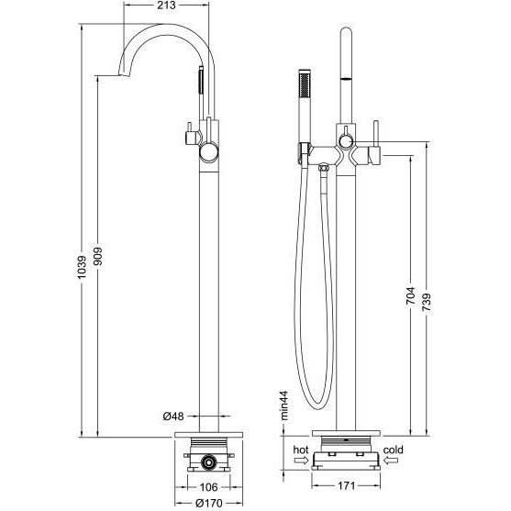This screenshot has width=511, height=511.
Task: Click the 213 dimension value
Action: (166, 6)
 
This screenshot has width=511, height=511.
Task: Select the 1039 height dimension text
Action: (83, 267)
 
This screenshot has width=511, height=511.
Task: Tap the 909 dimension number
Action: (98, 257)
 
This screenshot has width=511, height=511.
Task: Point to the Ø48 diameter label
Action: (173, 417)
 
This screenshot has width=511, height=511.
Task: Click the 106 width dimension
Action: (208, 487)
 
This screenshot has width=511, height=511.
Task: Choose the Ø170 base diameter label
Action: (209, 503)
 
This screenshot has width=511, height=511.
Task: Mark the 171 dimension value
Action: (346, 486)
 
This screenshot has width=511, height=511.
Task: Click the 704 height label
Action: (411, 295)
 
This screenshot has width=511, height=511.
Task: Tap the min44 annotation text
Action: (284, 405)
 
